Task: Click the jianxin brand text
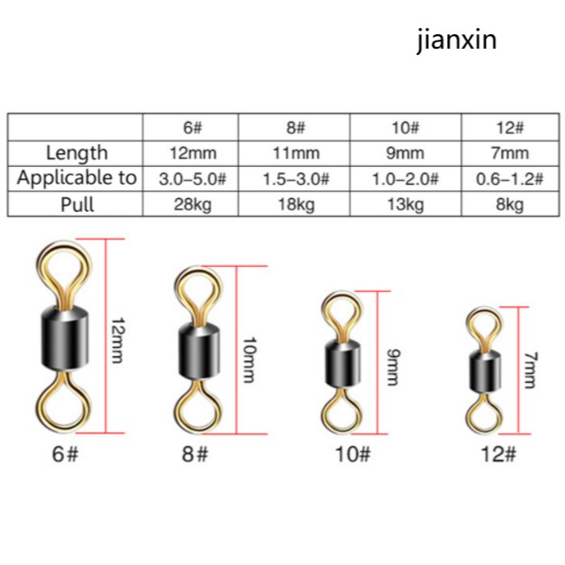456,41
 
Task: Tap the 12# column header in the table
510,127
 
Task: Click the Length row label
77,152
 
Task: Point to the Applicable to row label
77,178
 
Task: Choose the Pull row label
77,204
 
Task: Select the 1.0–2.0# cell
405,178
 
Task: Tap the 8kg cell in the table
510,205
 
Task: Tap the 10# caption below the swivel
352,453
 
